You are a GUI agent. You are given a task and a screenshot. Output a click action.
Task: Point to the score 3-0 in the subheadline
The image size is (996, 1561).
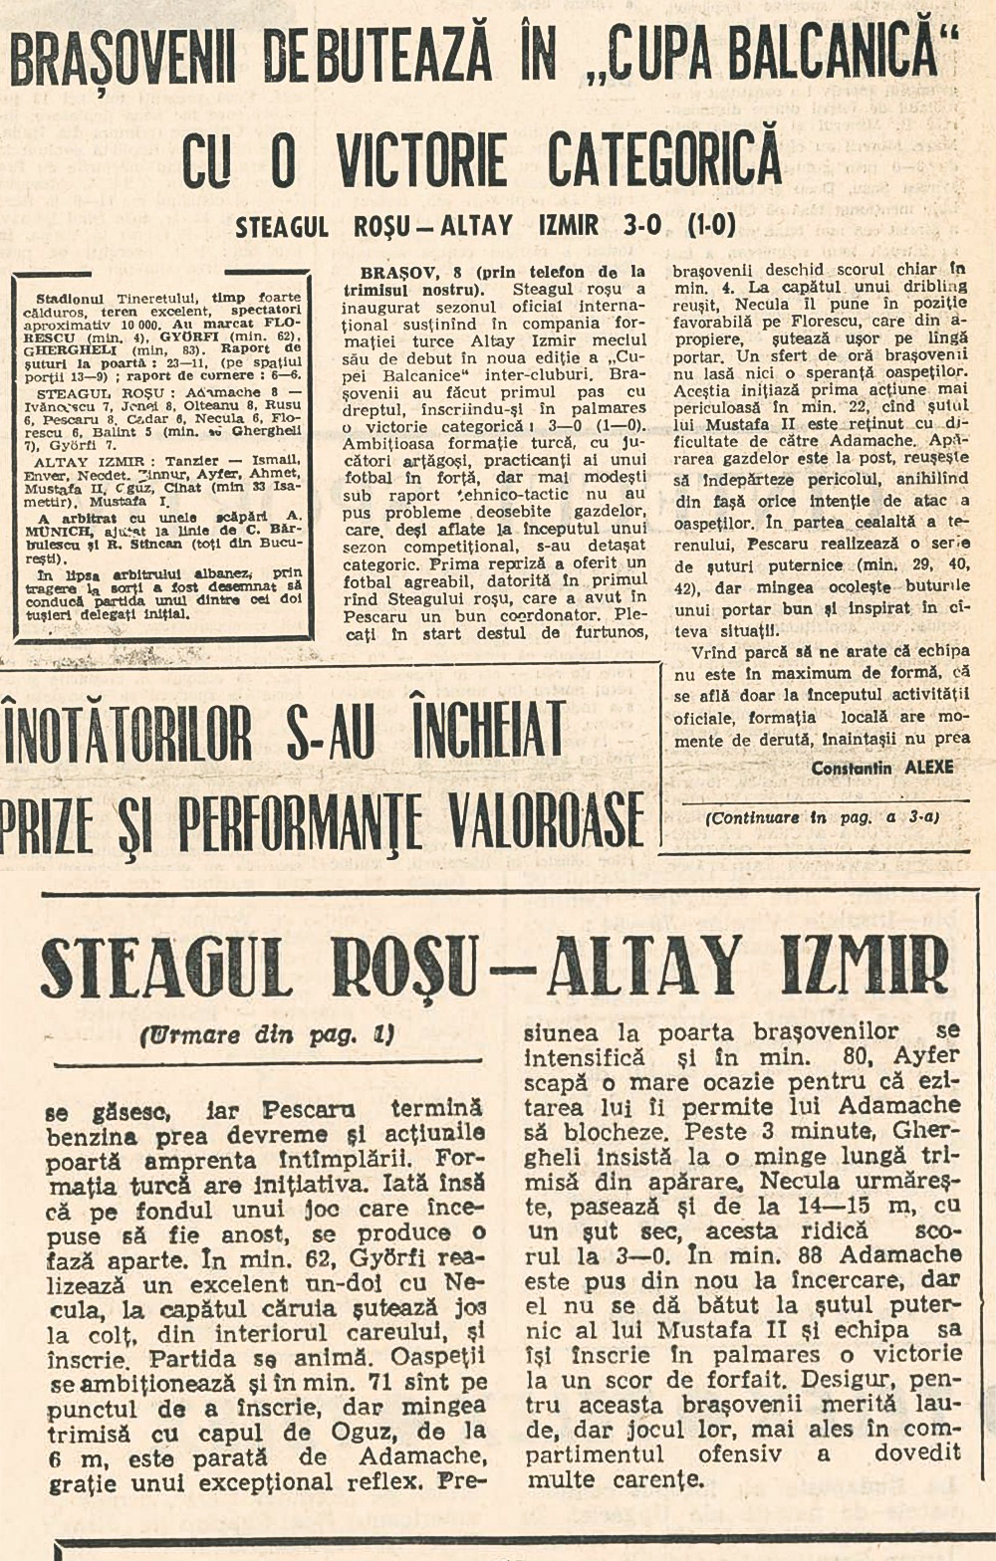[642, 226]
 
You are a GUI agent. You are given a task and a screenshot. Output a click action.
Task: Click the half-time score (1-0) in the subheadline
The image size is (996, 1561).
[711, 226]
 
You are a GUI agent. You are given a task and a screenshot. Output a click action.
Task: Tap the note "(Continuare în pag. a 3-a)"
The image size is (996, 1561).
[822, 818]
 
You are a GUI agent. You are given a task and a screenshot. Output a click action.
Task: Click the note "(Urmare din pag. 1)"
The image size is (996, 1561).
[267, 1035]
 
